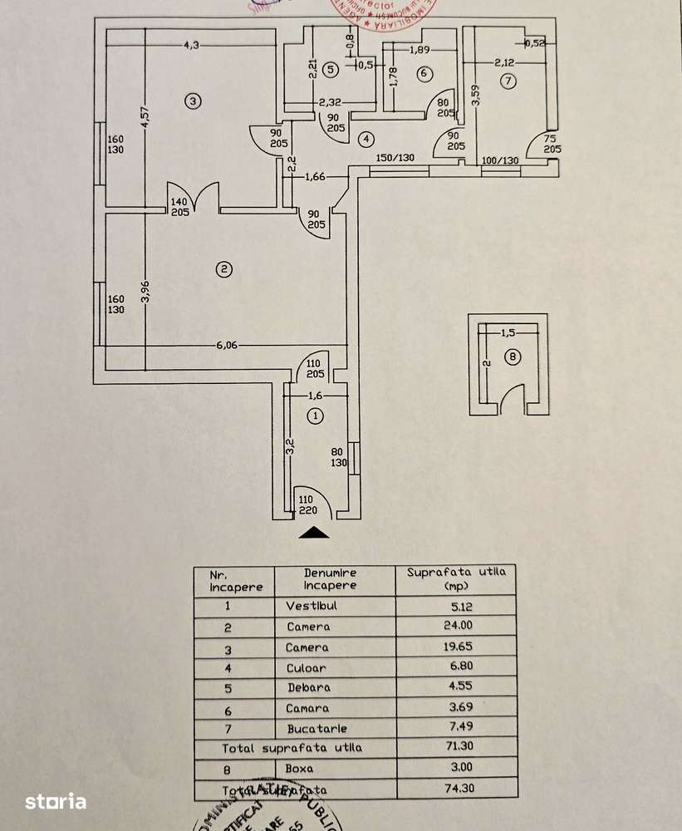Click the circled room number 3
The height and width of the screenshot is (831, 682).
(x=192, y=101)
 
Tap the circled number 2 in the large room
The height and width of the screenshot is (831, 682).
(x=223, y=268)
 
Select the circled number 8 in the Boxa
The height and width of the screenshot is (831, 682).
(x=512, y=358)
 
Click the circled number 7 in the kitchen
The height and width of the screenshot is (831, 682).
(x=508, y=81)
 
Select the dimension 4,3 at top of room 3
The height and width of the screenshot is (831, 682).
(x=192, y=46)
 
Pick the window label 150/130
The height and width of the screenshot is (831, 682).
(x=395, y=157)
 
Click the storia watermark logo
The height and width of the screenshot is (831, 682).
(x=56, y=801)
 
